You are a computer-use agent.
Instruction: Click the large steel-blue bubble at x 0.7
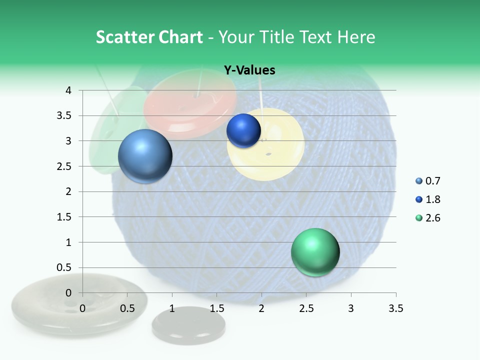(x=145, y=156)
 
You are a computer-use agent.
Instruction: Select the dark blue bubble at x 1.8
(x=243, y=131)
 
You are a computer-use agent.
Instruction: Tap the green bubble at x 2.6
(x=315, y=252)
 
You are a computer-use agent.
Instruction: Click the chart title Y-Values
(x=249, y=70)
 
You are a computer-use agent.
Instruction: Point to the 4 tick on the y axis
(x=68, y=90)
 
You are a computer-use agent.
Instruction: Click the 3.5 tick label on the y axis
(x=65, y=116)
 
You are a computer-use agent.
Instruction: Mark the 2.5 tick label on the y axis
(x=65, y=166)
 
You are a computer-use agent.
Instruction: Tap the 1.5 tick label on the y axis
(x=65, y=217)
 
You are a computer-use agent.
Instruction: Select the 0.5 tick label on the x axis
(x=127, y=308)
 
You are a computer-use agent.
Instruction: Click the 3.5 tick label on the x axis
(x=395, y=308)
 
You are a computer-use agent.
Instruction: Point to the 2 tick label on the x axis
(x=261, y=308)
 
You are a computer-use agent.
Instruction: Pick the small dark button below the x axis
(x=188, y=325)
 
